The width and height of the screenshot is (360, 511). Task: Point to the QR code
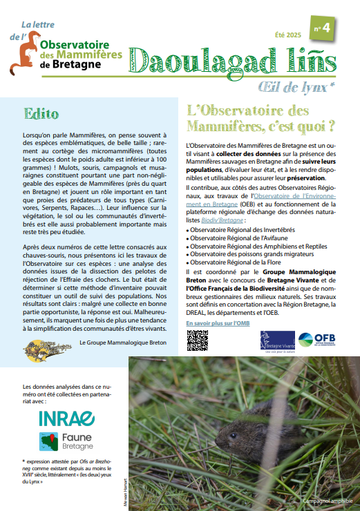(x=198, y=340)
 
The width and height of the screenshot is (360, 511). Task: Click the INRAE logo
(x=67, y=418)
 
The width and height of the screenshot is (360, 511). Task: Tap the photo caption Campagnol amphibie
(x=326, y=501)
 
